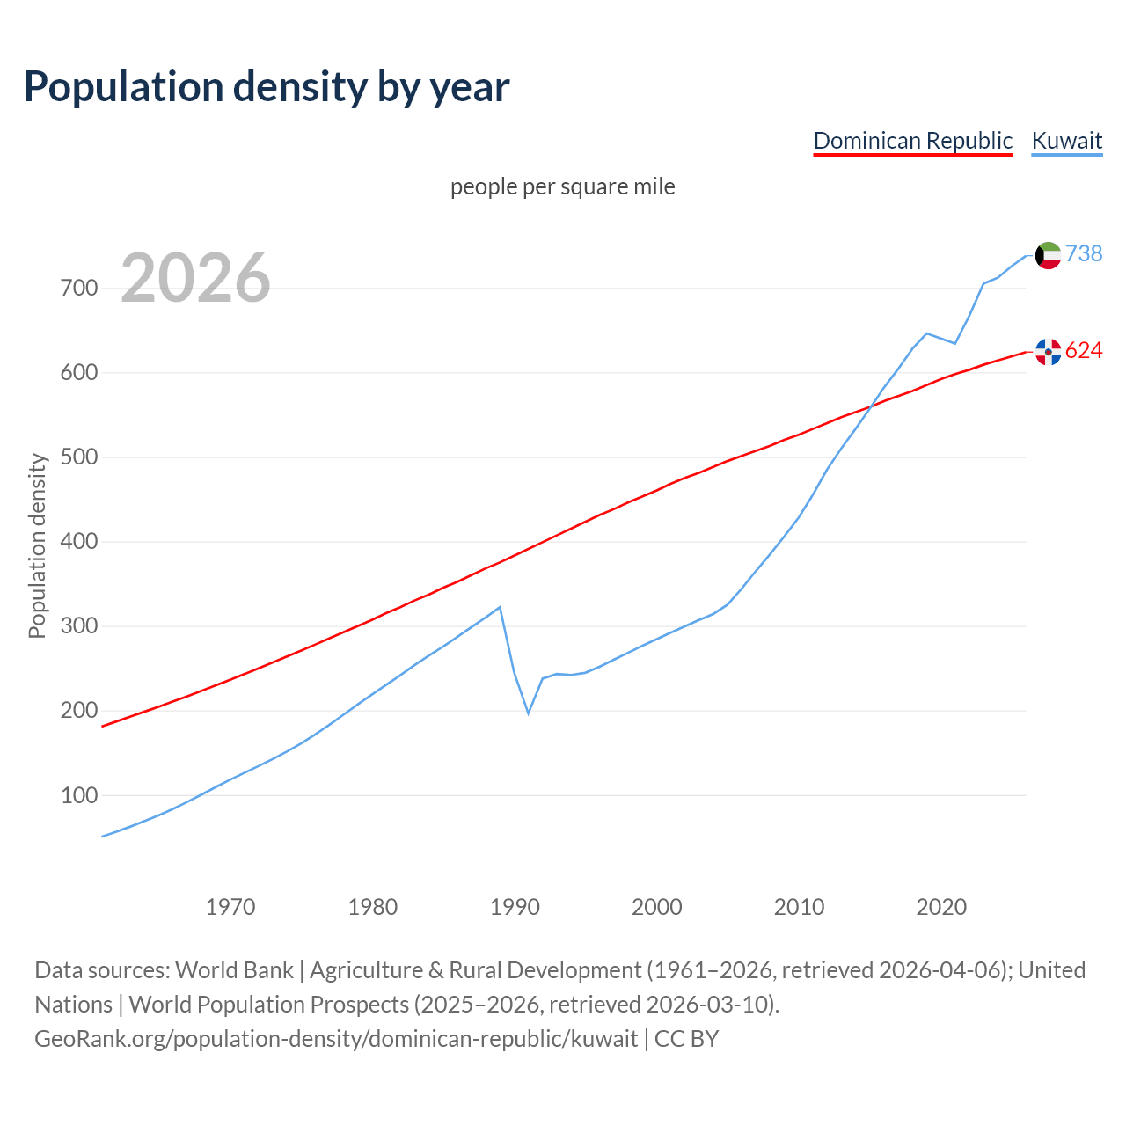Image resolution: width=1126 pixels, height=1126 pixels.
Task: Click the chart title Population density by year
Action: (x=267, y=86)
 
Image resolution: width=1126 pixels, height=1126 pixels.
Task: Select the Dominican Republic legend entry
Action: (x=912, y=141)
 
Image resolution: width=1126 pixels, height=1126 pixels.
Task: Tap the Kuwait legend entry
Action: (x=1066, y=141)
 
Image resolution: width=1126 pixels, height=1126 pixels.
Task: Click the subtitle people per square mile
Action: (x=562, y=186)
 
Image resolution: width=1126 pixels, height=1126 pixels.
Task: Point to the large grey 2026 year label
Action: (x=195, y=278)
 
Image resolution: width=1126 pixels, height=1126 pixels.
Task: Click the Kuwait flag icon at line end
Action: (x=1048, y=255)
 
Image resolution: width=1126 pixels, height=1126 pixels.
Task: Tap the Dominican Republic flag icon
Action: (x=1048, y=352)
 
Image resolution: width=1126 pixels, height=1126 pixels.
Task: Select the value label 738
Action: (x=1084, y=253)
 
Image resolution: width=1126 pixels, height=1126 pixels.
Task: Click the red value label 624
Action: (x=1084, y=350)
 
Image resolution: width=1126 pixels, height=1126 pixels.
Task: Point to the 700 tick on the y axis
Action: (x=79, y=289)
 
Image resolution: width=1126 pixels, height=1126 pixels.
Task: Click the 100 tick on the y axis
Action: (x=79, y=795)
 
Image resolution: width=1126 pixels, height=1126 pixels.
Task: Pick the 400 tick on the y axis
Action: (x=79, y=542)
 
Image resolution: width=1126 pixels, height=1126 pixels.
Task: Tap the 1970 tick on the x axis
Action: (x=230, y=906)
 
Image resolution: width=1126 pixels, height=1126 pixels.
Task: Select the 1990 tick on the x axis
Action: (x=515, y=906)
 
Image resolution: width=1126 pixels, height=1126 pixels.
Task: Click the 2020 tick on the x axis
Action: (x=941, y=906)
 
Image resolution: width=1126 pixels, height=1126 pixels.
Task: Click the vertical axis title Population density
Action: (x=37, y=545)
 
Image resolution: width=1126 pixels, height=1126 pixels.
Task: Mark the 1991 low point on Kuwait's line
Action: (x=529, y=713)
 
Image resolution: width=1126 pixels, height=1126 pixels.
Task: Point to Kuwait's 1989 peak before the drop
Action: (x=500, y=607)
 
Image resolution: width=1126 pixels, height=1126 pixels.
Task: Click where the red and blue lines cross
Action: (x=870, y=406)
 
